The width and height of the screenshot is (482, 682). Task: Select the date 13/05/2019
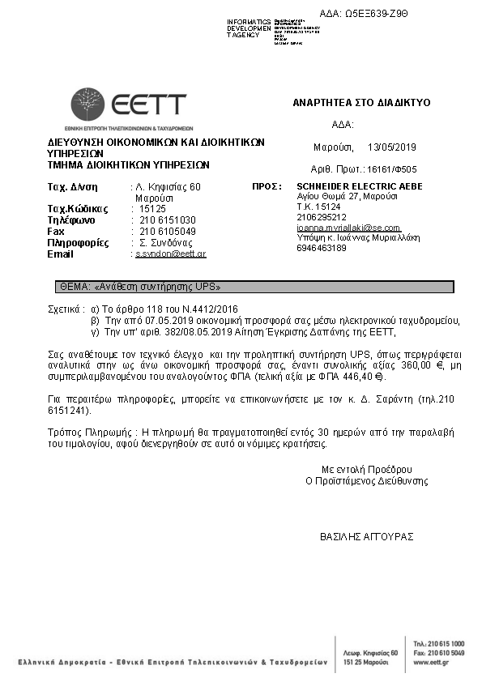391,147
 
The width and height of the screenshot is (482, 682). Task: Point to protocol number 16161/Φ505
392,170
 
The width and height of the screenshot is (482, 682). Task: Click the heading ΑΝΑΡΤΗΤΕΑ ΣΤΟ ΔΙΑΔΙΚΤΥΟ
361,103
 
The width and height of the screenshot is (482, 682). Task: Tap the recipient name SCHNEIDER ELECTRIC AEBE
348,186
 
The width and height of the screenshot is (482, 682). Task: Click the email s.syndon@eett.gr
170,254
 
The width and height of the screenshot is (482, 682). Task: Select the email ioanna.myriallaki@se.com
348,228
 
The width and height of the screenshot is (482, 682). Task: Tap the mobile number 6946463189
322,248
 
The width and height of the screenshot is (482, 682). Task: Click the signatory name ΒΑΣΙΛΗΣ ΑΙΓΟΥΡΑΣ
367,536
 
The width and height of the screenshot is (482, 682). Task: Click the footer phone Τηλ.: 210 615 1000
438,642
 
